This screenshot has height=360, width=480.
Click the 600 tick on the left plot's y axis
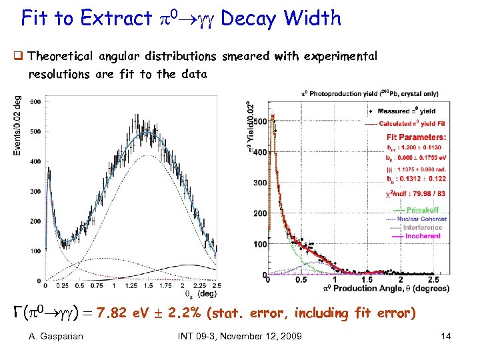tap(34, 102)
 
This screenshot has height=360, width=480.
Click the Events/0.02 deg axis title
tap(17, 126)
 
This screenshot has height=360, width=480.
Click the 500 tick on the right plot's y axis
tap(257, 121)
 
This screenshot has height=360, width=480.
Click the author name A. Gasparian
tap(56, 336)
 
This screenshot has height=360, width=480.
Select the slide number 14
tap(445, 336)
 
